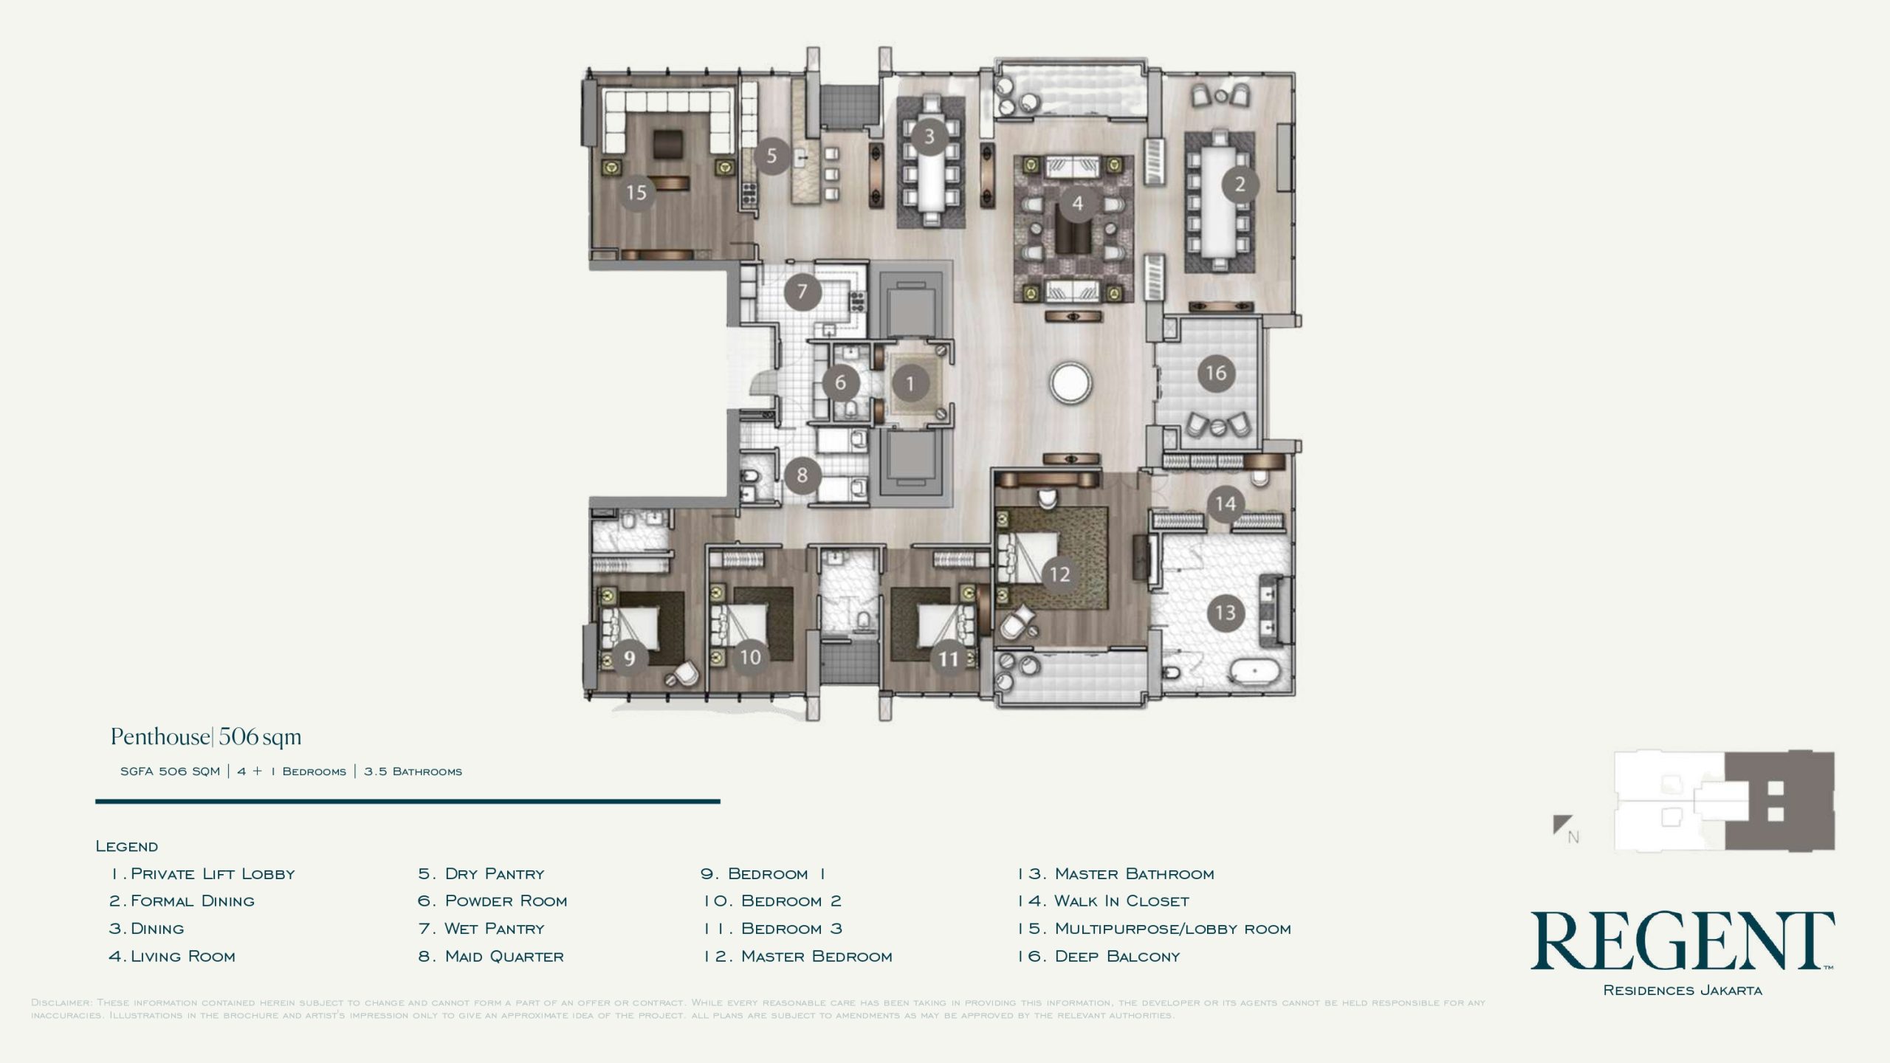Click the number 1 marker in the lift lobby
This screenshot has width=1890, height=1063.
(910, 383)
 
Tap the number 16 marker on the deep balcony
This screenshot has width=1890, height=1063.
(1216, 374)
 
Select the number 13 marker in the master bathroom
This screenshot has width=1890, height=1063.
(1226, 613)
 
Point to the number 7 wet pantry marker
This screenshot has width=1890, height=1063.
(802, 292)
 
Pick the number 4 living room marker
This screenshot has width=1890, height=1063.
(1078, 202)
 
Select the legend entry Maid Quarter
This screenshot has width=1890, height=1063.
(490, 957)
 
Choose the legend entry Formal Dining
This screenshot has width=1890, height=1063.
(182, 901)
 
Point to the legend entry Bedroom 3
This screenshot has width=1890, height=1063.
(772, 929)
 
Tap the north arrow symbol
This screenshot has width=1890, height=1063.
(1562, 825)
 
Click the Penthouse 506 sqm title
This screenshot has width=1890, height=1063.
(206, 737)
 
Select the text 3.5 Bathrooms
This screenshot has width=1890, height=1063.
(413, 771)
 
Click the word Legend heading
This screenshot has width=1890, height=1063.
(127, 846)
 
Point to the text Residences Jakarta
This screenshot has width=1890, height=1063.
(1683, 990)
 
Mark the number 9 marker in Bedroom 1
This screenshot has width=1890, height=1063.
(629, 657)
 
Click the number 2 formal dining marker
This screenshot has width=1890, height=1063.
(1240, 184)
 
